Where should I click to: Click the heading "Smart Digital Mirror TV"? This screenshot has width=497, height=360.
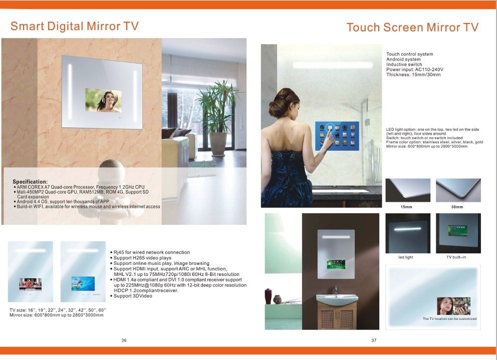75,27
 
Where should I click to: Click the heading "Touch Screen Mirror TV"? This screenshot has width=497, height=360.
412,27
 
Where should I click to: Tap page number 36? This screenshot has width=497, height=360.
124,340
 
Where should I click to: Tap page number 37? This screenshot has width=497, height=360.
374,340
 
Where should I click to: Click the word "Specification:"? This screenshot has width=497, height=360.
30,182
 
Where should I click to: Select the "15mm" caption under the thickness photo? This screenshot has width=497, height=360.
406,207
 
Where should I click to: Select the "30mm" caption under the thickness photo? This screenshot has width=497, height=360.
457,207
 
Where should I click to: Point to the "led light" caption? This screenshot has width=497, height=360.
406,257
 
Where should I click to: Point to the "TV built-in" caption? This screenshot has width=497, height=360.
456,257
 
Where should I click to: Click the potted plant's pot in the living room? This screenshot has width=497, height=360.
218,144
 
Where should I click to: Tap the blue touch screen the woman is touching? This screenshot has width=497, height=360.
337,136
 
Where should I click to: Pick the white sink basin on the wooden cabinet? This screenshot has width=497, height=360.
337,299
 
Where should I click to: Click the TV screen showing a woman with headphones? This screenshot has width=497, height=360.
104,101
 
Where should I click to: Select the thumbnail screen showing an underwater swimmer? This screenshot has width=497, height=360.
83,283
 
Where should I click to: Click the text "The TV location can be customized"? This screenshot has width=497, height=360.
449,319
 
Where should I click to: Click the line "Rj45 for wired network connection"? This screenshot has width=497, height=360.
150,252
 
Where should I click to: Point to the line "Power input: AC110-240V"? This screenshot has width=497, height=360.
415,70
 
